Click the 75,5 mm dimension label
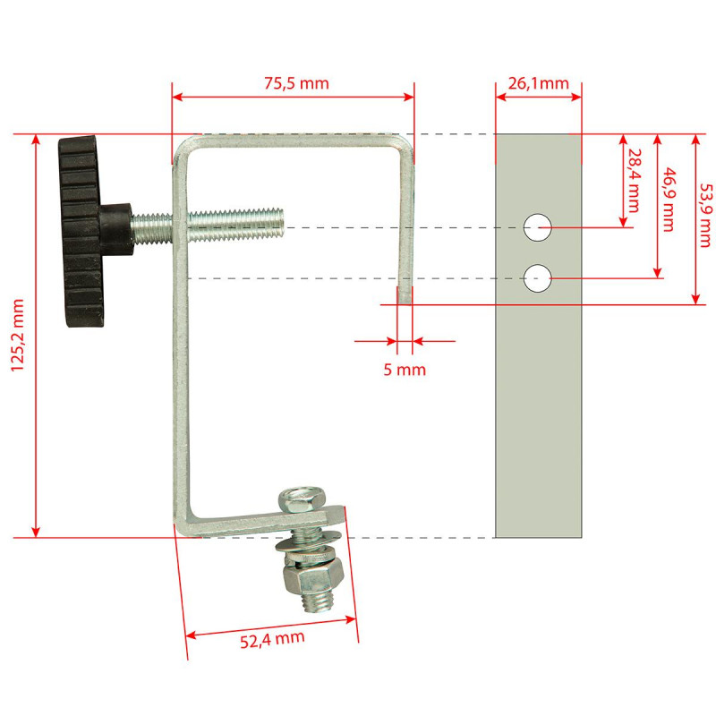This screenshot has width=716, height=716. pyautogui.click(x=296, y=83)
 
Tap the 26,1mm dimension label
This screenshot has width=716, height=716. pyautogui.click(x=539, y=83)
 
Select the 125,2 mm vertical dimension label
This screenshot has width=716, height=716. pyautogui.click(x=17, y=336)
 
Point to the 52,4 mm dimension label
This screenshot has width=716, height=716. pyautogui.click(x=272, y=639)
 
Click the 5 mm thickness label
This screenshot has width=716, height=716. pyautogui.click(x=405, y=370)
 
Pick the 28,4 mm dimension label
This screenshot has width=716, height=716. pyautogui.click(x=634, y=181)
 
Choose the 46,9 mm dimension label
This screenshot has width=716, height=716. pyautogui.click(x=668, y=200)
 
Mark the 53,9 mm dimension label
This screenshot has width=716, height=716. pyautogui.click(x=705, y=216)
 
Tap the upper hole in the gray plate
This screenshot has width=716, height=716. pyautogui.click(x=538, y=227)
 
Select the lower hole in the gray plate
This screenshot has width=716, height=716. pyautogui.click(x=538, y=278)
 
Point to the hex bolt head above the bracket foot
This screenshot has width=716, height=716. pyautogui.click(x=303, y=499)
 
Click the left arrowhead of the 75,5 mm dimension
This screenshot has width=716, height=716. pyautogui.click(x=177, y=97)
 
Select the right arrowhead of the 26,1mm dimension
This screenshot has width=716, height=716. pyautogui.click(x=576, y=97)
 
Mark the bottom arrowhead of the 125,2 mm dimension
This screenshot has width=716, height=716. pyautogui.click(x=36, y=532)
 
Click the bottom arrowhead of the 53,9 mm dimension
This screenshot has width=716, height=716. pyautogui.click(x=695, y=299)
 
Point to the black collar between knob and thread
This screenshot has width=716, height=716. pyautogui.click(x=117, y=228)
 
